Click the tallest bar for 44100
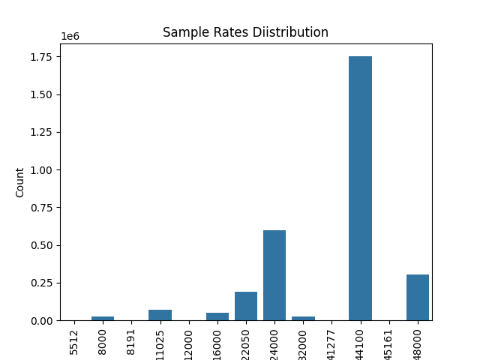click(360, 188)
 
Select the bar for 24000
click(274, 275)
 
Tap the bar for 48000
click(418, 298)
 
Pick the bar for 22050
click(246, 306)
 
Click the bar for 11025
click(160, 315)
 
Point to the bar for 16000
click(217, 316)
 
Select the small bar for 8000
click(103, 318)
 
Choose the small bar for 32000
click(303, 318)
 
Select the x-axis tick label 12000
click(189, 341)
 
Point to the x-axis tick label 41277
click(332, 341)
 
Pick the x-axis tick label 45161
click(389, 341)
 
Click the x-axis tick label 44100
click(361, 341)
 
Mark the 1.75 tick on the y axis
click(43, 57)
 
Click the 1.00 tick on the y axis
click(43, 170)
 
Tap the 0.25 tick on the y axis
click(43, 283)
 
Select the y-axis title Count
click(20, 182)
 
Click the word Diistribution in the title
click(289, 33)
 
